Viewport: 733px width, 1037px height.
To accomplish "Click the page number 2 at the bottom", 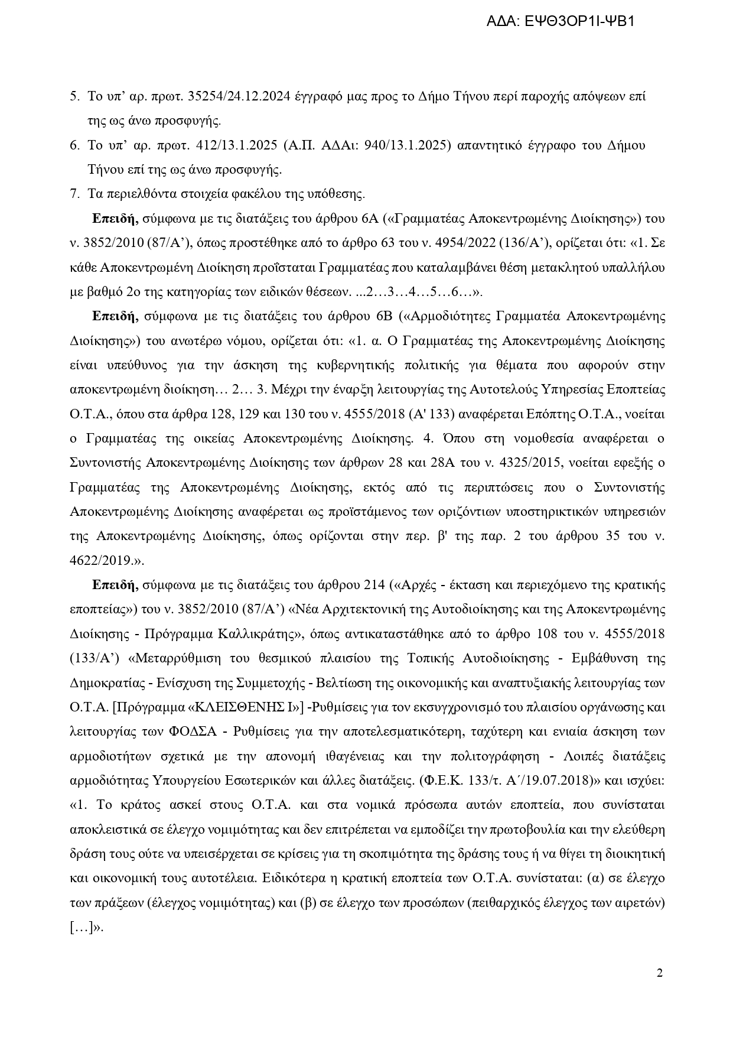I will point(660,973).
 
